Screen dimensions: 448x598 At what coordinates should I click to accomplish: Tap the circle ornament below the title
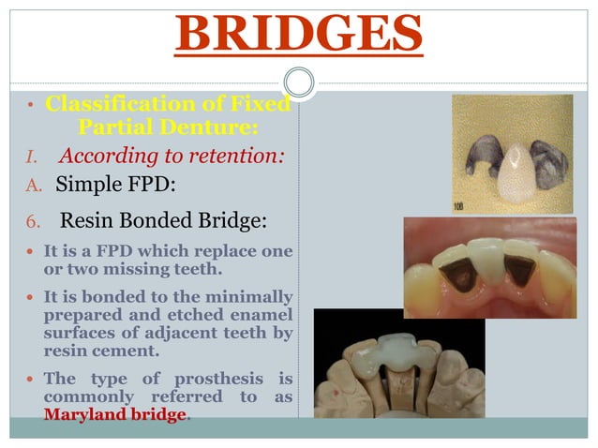[298, 82]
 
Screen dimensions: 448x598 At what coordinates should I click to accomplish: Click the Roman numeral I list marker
[27, 157]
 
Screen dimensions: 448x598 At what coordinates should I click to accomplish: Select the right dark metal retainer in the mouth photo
[520, 271]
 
